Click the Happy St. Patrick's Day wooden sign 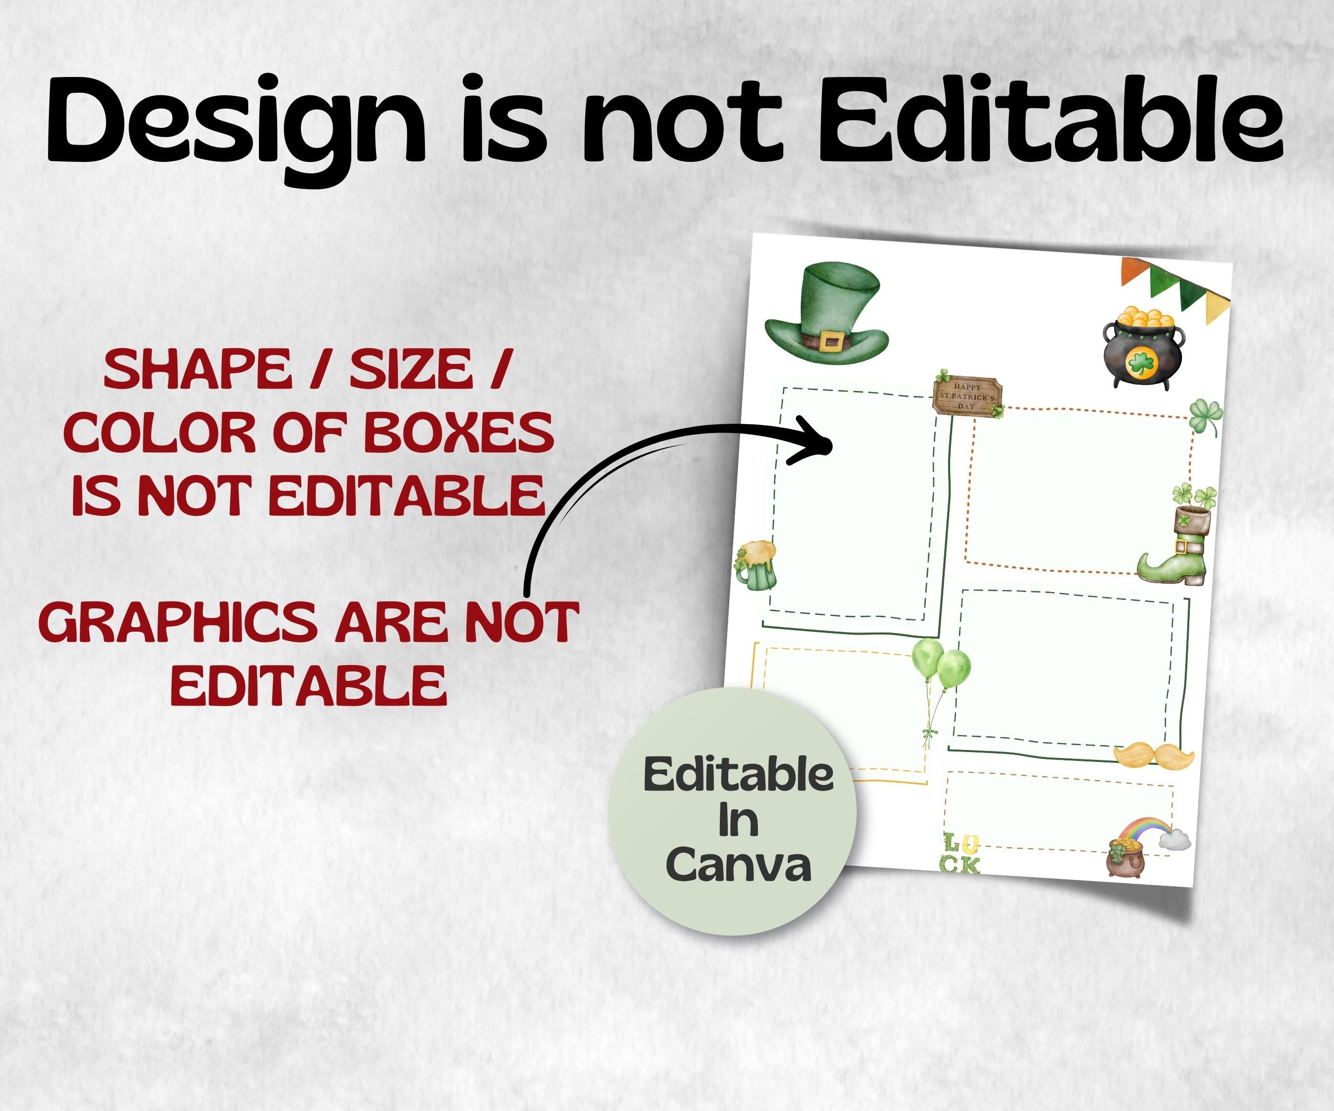[x=967, y=396]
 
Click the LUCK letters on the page [x=961, y=853]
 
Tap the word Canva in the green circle [x=739, y=865]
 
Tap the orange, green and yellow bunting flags [x=1175, y=289]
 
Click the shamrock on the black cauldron [x=1141, y=364]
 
